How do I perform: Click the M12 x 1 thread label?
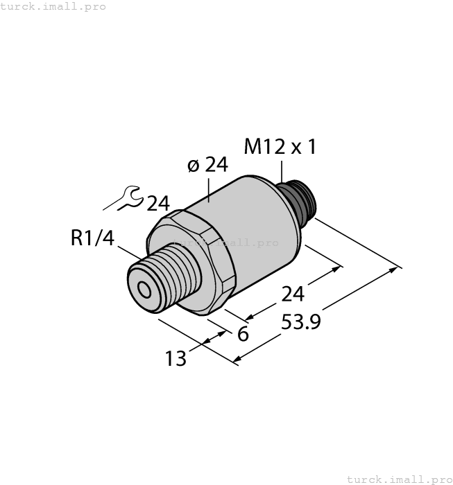pos(280,147)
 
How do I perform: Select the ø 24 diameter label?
pos(207,165)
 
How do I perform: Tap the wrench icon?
pos(130,199)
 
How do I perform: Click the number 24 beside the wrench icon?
pos(158,203)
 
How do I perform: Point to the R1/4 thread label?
pos(92,238)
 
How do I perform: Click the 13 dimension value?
pos(176,359)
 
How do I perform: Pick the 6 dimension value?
pos(243,334)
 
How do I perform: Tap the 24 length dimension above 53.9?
pos(292,294)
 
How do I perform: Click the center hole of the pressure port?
pos(144,290)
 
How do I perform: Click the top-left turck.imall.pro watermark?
pos(53,6)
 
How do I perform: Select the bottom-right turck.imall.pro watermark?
pos(398,479)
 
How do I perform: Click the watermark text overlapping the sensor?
pos(225,242)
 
